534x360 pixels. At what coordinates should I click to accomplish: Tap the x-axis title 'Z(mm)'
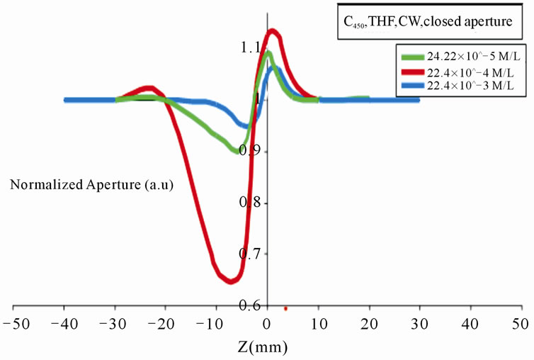point(266,348)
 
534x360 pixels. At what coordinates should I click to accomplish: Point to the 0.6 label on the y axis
point(249,305)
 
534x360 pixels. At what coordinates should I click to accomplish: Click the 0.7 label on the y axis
point(249,254)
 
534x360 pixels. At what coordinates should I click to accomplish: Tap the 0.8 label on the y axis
point(249,203)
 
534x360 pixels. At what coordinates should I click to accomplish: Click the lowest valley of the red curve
point(231,281)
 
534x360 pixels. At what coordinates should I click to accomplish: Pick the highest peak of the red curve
point(272,32)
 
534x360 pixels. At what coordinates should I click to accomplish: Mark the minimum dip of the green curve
point(236,150)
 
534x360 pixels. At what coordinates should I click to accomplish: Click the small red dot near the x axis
point(285,308)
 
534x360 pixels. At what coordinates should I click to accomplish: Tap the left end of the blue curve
point(66,100)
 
